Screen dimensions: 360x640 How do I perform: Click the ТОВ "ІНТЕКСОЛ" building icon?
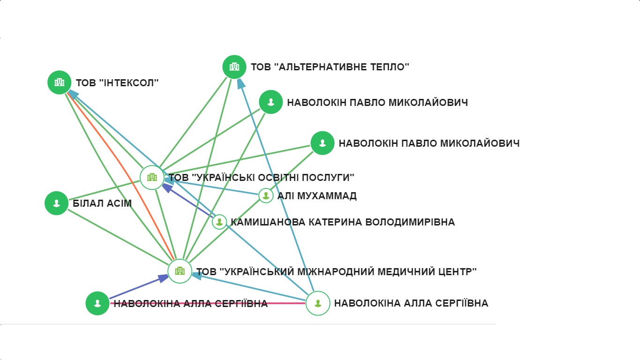click(x=59, y=82)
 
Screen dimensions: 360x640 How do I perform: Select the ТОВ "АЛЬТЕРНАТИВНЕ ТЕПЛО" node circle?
click(x=234, y=67)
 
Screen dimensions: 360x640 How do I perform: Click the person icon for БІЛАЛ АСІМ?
click(x=57, y=203)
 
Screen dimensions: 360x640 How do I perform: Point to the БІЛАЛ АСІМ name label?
click(x=102, y=203)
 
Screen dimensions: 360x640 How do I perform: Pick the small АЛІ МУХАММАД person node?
click(x=266, y=195)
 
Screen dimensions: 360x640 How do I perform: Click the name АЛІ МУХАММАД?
click(x=317, y=196)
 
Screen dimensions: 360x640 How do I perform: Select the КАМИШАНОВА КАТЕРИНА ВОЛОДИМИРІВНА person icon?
click(x=219, y=222)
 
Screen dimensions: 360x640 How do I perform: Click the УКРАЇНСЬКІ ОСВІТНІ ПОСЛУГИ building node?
click(x=152, y=178)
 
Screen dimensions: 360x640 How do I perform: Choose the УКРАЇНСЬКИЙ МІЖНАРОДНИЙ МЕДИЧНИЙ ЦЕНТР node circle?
click(x=180, y=271)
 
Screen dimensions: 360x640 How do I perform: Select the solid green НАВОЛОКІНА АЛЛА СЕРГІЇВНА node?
click(x=97, y=303)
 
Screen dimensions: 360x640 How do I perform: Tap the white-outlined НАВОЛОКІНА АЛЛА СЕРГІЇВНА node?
click(x=318, y=303)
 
